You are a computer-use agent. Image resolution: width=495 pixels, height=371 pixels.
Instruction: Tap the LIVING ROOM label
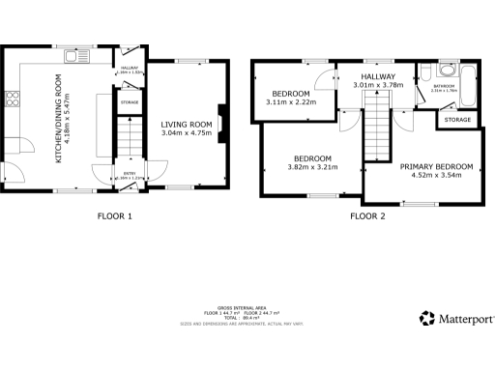click(186, 124)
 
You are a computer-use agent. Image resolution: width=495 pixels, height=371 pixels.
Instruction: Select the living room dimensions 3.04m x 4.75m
click(186, 133)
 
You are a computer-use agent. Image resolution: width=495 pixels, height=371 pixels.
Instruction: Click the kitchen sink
click(73, 57)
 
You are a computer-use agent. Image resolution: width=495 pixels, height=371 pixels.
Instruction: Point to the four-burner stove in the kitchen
click(13, 97)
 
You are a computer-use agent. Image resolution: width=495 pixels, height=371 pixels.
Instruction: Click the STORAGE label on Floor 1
click(129, 100)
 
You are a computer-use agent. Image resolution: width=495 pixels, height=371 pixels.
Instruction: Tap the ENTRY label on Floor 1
click(129, 173)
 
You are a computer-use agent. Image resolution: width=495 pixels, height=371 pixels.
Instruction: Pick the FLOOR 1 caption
click(115, 215)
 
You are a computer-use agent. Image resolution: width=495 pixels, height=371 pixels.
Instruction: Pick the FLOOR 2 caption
click(367, 215)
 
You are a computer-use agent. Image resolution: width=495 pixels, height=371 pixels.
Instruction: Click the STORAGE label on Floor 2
click(457, 120)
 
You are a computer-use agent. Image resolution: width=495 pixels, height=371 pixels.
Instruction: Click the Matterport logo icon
click(425, 318)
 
